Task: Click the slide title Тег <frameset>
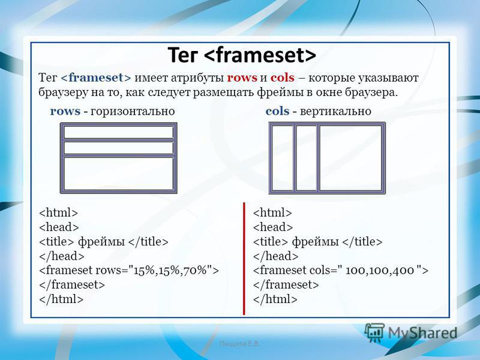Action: (242, 55)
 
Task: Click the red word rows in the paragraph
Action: (242, 78)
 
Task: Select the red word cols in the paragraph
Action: (282, 78)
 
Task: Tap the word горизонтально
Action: (133, 111)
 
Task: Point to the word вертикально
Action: (335, 111)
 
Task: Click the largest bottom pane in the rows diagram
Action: (118, 173)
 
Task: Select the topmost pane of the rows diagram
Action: (118, 132)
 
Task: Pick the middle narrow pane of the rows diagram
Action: (118, 148)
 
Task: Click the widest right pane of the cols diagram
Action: (351, 158)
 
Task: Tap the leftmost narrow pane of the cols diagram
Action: (282, 158)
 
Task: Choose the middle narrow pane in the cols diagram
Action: (306, 158)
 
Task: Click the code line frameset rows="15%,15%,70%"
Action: (129, 271)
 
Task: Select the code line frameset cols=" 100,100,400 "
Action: (340, 271)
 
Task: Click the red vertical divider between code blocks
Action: (244, 259)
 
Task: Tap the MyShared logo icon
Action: (374, 332)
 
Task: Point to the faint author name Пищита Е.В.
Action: (239, 344)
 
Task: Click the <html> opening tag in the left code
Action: (58, 212)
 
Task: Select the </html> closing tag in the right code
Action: (275, 299)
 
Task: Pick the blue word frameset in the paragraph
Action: (96, 78)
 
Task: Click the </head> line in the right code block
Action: (275, 256)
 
